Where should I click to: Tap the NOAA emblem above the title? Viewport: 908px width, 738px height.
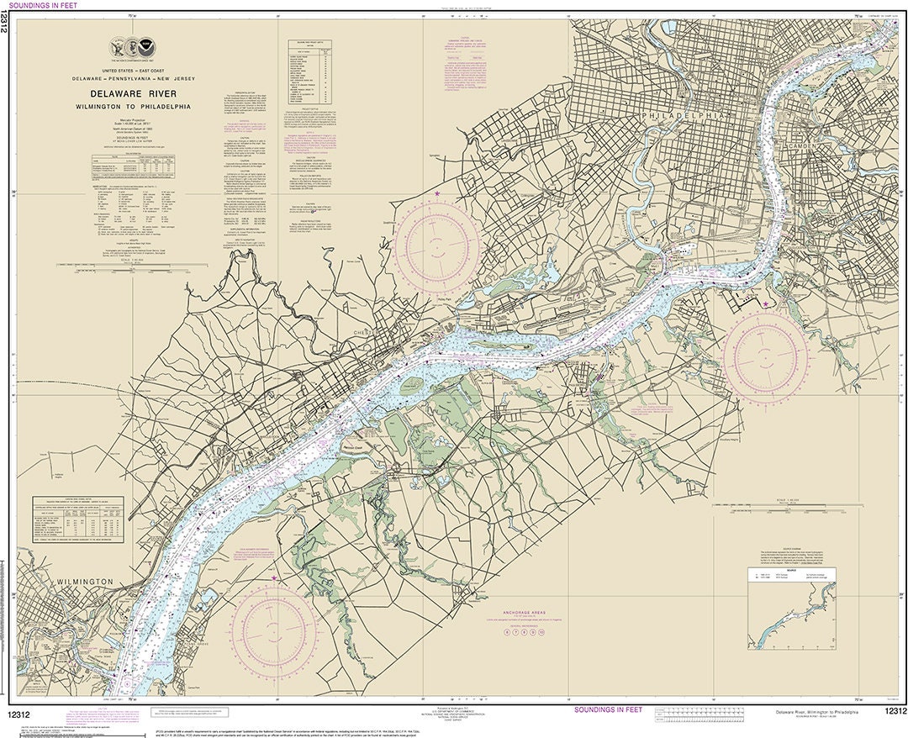[147, 47]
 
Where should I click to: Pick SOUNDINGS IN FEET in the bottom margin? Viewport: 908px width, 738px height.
[607, 710]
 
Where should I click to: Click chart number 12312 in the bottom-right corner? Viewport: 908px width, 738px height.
[895, 712]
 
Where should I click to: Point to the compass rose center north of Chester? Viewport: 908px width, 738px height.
[437, 245]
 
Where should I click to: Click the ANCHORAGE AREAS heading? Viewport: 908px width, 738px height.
[530, 613]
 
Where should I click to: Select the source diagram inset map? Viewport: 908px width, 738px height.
[792, 608]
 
